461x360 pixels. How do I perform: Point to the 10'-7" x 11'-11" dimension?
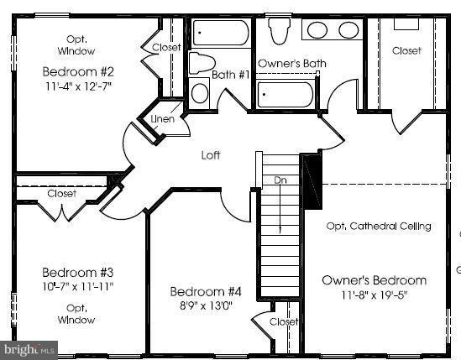[x=77, y=286]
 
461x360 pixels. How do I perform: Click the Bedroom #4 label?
[x=206, y=292]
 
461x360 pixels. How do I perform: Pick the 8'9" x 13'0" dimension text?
[x=206, y=305]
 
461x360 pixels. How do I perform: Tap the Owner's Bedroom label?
[x=374, y=279]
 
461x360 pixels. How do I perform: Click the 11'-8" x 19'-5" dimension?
[x=374, y=295]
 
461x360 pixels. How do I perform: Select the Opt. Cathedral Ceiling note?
[x=378, y=226]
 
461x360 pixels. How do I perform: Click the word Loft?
[x=211, y=155]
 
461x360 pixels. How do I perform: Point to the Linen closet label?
[x=162, y=119]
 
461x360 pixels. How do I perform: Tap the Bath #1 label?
[x=231, y=75]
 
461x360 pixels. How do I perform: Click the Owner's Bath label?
[x=291, y=64]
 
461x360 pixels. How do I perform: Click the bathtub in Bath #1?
[x=221, y=34]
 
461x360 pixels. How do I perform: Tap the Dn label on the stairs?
[x=280, y=180]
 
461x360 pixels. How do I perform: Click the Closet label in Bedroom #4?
[x=284, y=322]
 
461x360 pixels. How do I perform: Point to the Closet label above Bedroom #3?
[x=61, y=194]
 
